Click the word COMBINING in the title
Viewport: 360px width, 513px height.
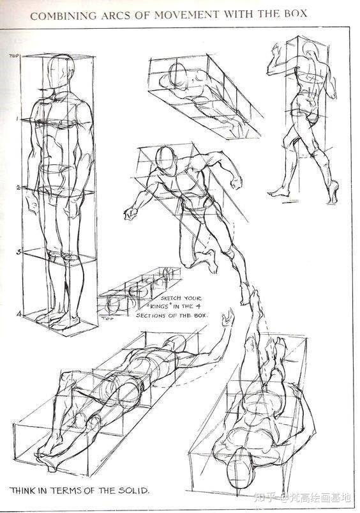pos(63,15)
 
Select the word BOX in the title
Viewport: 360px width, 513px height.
pos(295,13)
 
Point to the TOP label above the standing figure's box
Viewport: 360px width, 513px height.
pos(14,56)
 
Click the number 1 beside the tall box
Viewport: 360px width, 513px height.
pos(17,119)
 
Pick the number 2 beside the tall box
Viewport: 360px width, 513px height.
pos(19,188)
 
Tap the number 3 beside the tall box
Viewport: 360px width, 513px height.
pos(19,252)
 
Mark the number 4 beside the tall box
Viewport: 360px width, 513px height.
pos(19,314)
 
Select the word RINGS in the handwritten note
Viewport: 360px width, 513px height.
pos(159,307)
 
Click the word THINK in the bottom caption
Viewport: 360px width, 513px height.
pos(23,491)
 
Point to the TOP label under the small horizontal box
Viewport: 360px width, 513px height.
pos(105,318)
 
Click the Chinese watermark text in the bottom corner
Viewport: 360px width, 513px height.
pos(302,498)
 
